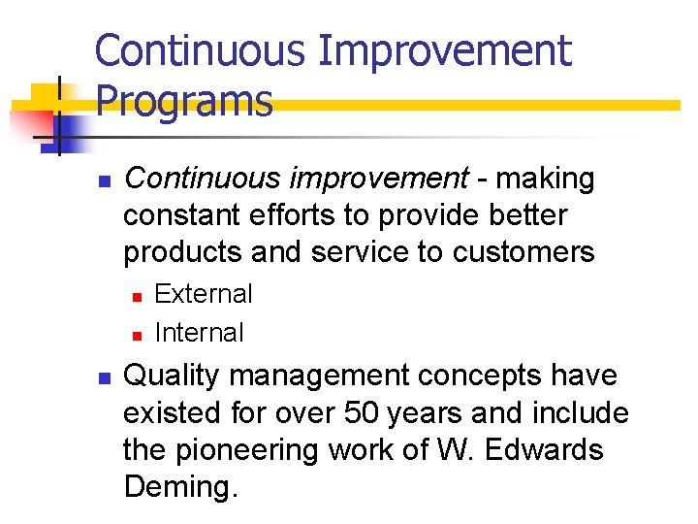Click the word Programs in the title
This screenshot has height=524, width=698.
coord(184,100)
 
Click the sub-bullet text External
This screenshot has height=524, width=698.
coord(204,293)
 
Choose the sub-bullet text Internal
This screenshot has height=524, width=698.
coord(200,332)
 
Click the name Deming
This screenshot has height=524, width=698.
coord(180,486)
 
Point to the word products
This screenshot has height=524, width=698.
coord(182,252)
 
